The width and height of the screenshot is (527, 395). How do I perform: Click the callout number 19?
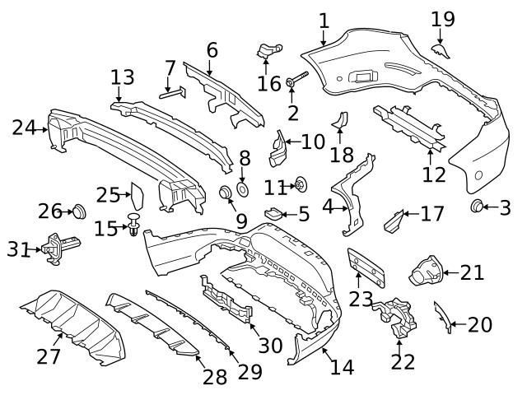pyautogui.click(x=442, y=18)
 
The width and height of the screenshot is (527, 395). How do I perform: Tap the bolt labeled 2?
pyautogui.click(x=296, y=81)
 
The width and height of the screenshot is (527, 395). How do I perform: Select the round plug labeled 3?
pyautogui.click(x=477, y=205)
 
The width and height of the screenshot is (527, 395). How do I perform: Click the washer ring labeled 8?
pyautogui.click(x=244, y=190)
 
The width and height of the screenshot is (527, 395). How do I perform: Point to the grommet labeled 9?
pyautogui.click(x=223, y=194)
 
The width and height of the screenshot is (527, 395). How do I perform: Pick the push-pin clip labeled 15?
pyautogui.click(x=133, y=223)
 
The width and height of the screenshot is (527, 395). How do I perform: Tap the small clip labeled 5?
pyautogui.click(x=273, y=215)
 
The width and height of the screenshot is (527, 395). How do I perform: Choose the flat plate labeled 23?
pyautogui.click(x=366, y=265)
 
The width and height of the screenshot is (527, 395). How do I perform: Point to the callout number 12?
pyautogui.click(x=433, y=174)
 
